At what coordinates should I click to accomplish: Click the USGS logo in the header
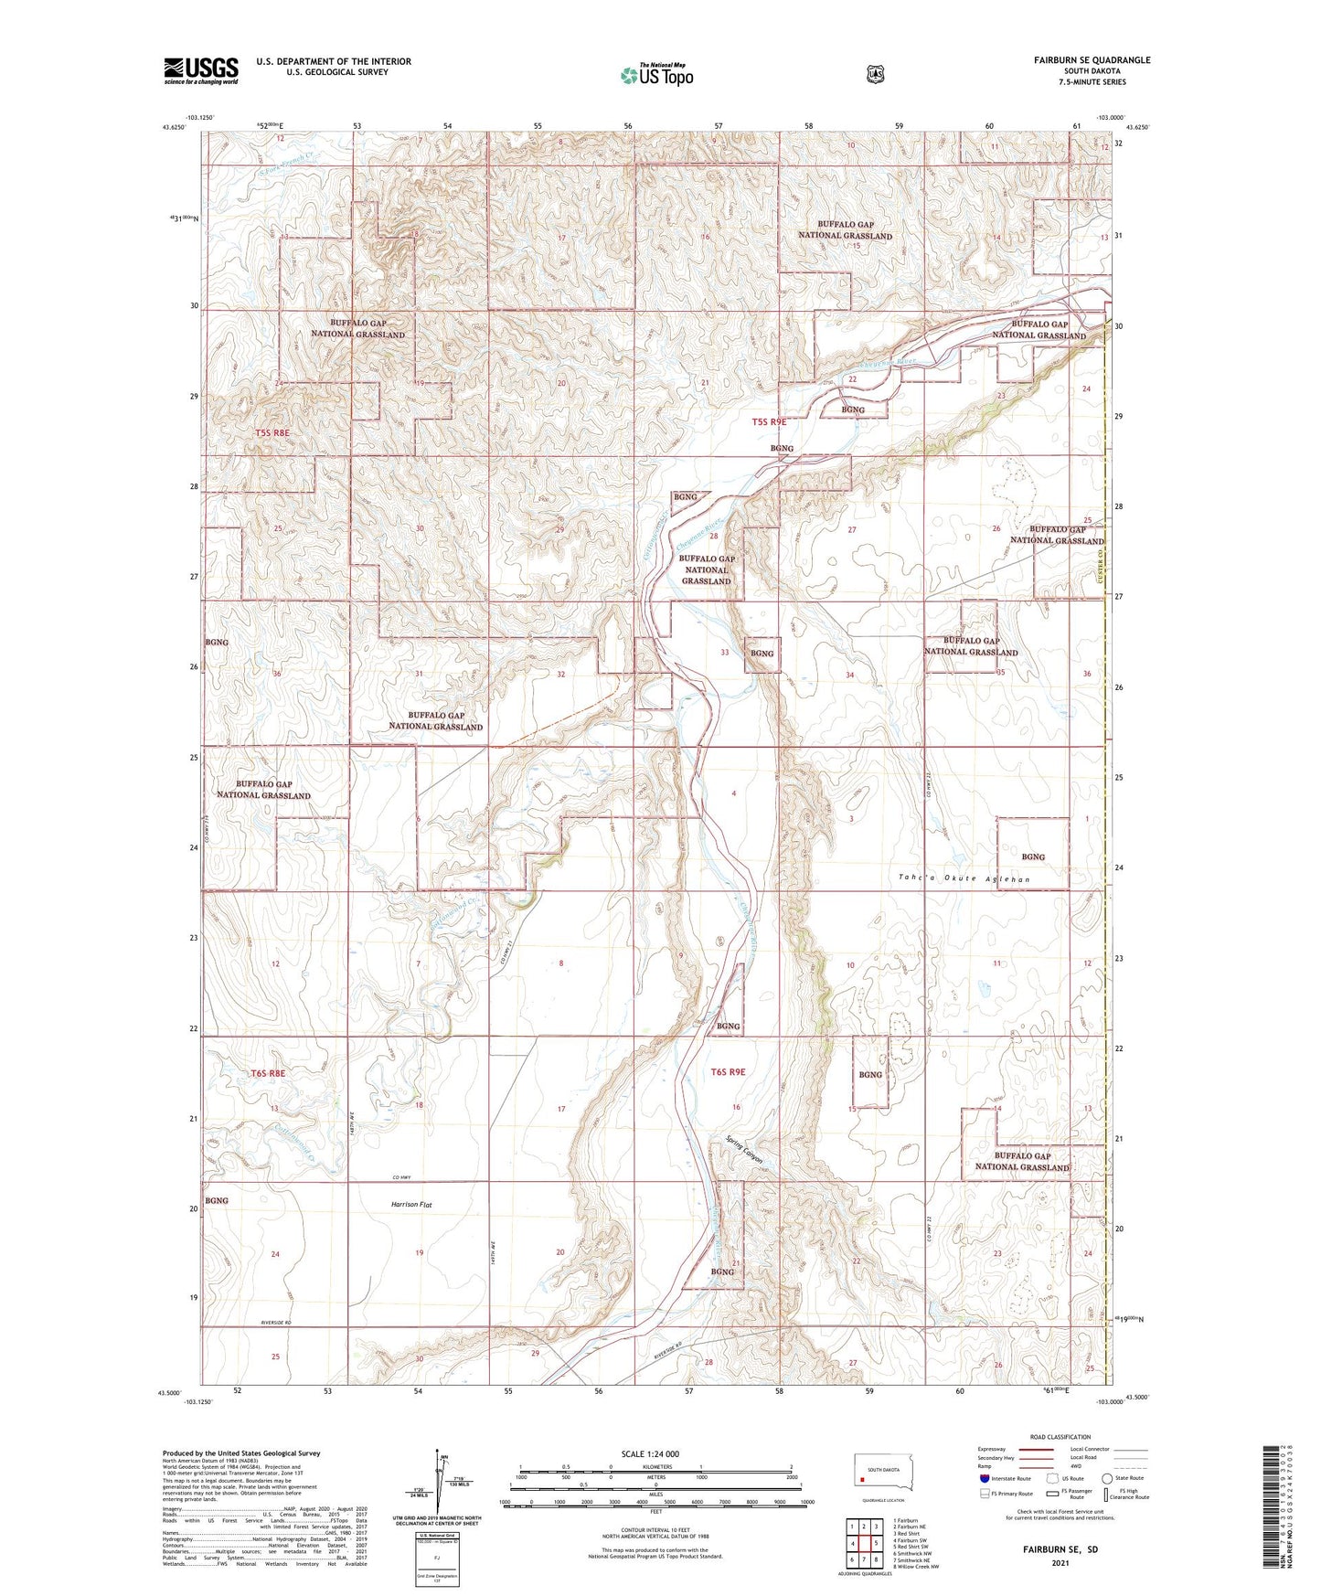[x=201, y=70]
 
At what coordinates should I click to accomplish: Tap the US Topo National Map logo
[x=656, y=75]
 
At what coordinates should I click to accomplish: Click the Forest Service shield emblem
[x=876, y=74]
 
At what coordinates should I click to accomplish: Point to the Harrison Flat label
[x=405, y=1205]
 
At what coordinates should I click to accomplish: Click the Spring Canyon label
[x=744, y=1149]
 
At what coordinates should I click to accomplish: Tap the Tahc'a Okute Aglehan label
[x=964, y=879]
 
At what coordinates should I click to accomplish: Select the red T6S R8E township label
[x=269, y=1073]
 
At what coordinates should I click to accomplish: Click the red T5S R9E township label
[x=768, y=422]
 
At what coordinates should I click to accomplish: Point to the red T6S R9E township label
[x=728, y=1072]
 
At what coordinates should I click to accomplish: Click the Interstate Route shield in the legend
[x=984, y=1478]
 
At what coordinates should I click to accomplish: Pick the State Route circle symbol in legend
[x=1107, y=1478]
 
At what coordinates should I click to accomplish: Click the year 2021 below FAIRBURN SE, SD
[x=1060, y=1562]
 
